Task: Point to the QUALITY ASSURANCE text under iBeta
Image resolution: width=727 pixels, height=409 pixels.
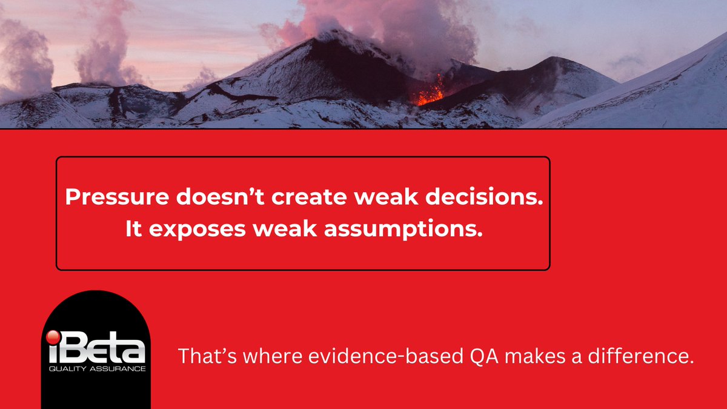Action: click(96, 368)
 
